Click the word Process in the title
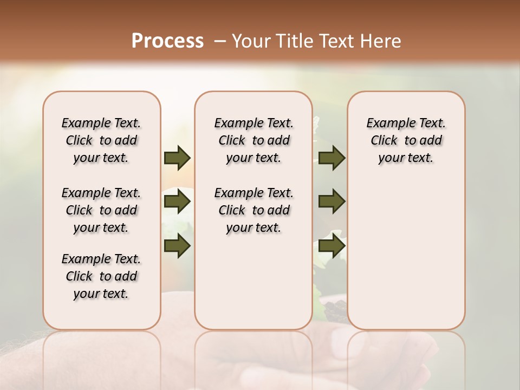167,41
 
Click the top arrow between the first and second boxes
177,158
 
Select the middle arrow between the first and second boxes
177,202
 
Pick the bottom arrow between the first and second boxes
177,245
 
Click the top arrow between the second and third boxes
332,158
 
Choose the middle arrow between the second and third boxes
332,202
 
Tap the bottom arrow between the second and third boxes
332,245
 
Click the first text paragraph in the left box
101,140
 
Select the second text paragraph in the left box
101,210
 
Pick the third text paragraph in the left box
101,276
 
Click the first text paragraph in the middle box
253,140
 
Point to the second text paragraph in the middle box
253,210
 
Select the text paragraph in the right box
406,140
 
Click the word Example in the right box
386,123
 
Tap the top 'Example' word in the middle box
234,123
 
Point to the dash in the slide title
220,41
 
